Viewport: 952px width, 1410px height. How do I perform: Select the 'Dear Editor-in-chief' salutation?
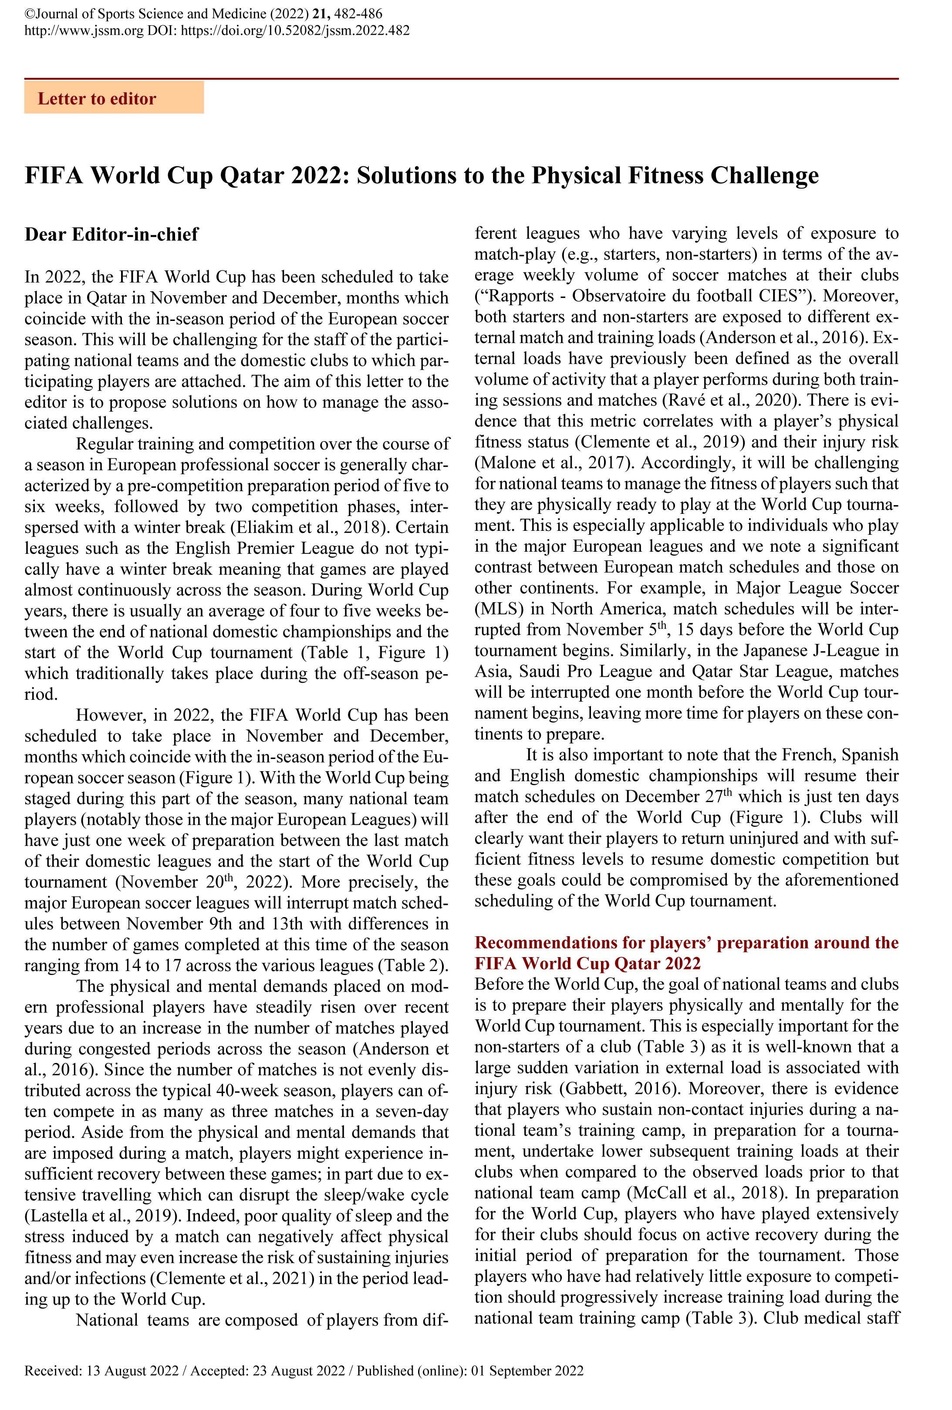coord(111,234)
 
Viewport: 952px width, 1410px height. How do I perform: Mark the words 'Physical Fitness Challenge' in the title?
coord(675,175)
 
